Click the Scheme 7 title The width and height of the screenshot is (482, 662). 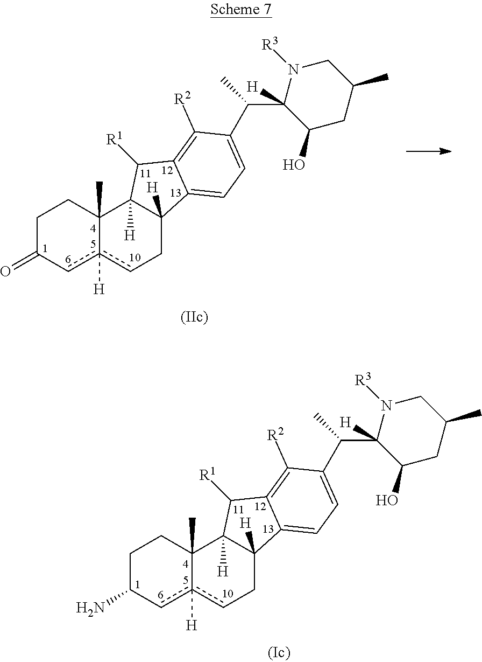click(x=240, y=10)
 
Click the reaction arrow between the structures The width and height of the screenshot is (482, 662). click(x=428, y=151)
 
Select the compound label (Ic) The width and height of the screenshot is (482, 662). click(x=279, y=652)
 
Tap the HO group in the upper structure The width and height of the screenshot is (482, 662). click(x=294, y=164)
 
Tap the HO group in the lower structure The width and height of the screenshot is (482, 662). click(x=386, y=500)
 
